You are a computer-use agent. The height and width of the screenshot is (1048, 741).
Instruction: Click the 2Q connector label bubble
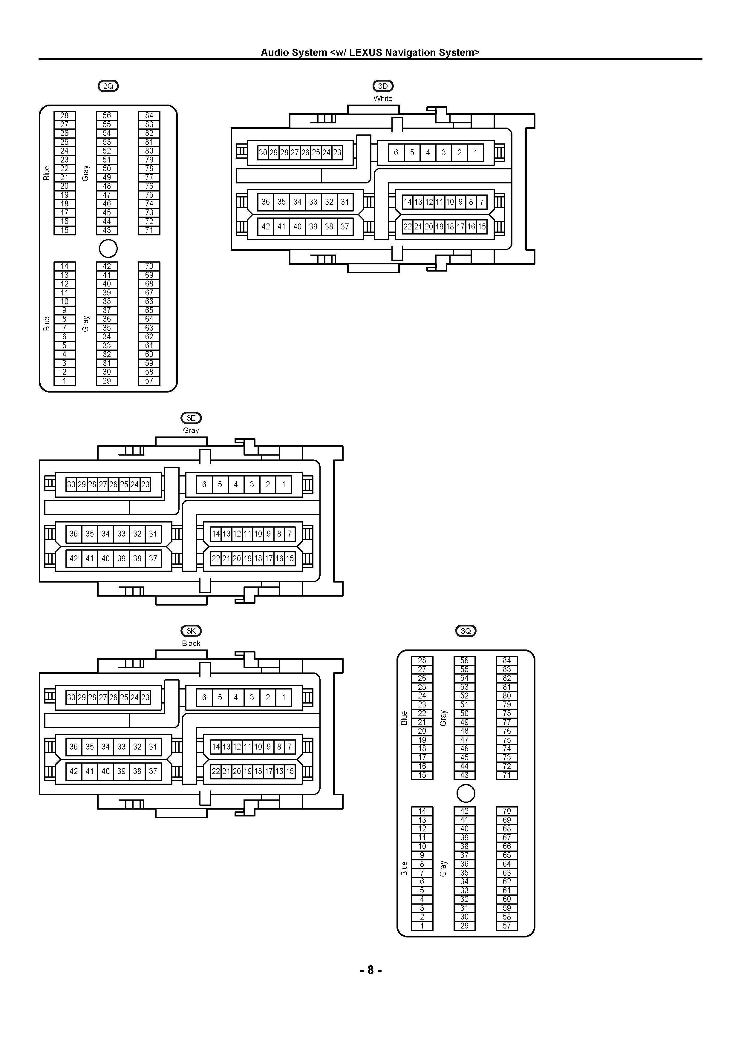pyautogui.click(x=108, y=86)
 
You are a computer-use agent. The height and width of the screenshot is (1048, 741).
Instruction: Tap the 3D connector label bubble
pyautogui.click(x=383, y=86)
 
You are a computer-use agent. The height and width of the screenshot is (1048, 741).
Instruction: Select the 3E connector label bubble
pyautogui.click(x=191, y=418)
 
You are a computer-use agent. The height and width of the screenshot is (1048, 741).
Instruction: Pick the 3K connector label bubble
pyautogui.click(x=191, y=631)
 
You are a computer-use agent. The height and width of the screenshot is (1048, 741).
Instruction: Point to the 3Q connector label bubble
pyautogui.click(x=466, y=631)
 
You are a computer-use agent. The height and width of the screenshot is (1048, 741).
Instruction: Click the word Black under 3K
pyautogui.click(x=191, y=643)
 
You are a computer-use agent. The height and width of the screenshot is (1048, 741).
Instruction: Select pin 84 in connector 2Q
pyautogui.click(x=149, y=116)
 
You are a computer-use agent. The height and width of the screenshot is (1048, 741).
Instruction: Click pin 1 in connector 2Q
pyautogui.click(x=64, y=381)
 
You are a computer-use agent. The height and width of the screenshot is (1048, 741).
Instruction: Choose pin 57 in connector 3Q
pyautogui.click(x=507, y=926)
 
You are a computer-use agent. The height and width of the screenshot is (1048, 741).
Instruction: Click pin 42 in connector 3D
pyautogui.click(x=266, y=226)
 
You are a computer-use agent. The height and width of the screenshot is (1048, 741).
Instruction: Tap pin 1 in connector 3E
pyautogui.click(x=284, y=484)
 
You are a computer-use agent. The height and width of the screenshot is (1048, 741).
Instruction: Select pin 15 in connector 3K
pyautogui.click(x=290, y=771)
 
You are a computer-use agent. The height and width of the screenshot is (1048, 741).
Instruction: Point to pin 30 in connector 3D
pyautogui.click(x=263, y=152)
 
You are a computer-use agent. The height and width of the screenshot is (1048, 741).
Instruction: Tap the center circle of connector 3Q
pyautogui.click(x=466, y=793)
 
